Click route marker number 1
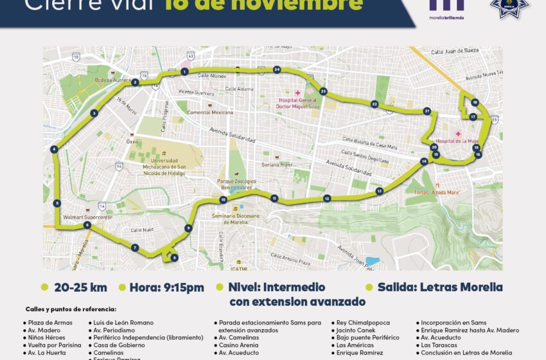(184, 72)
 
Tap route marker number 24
(277, 69)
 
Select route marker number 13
(380, 191)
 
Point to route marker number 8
(174, 258)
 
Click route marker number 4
(54, 150)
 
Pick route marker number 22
(374, 104)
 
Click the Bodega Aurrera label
(112, 80)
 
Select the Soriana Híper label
(277, 165)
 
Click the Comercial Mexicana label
(210, 113)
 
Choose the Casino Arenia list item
(238, 345)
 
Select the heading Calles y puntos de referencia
(71, 309)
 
